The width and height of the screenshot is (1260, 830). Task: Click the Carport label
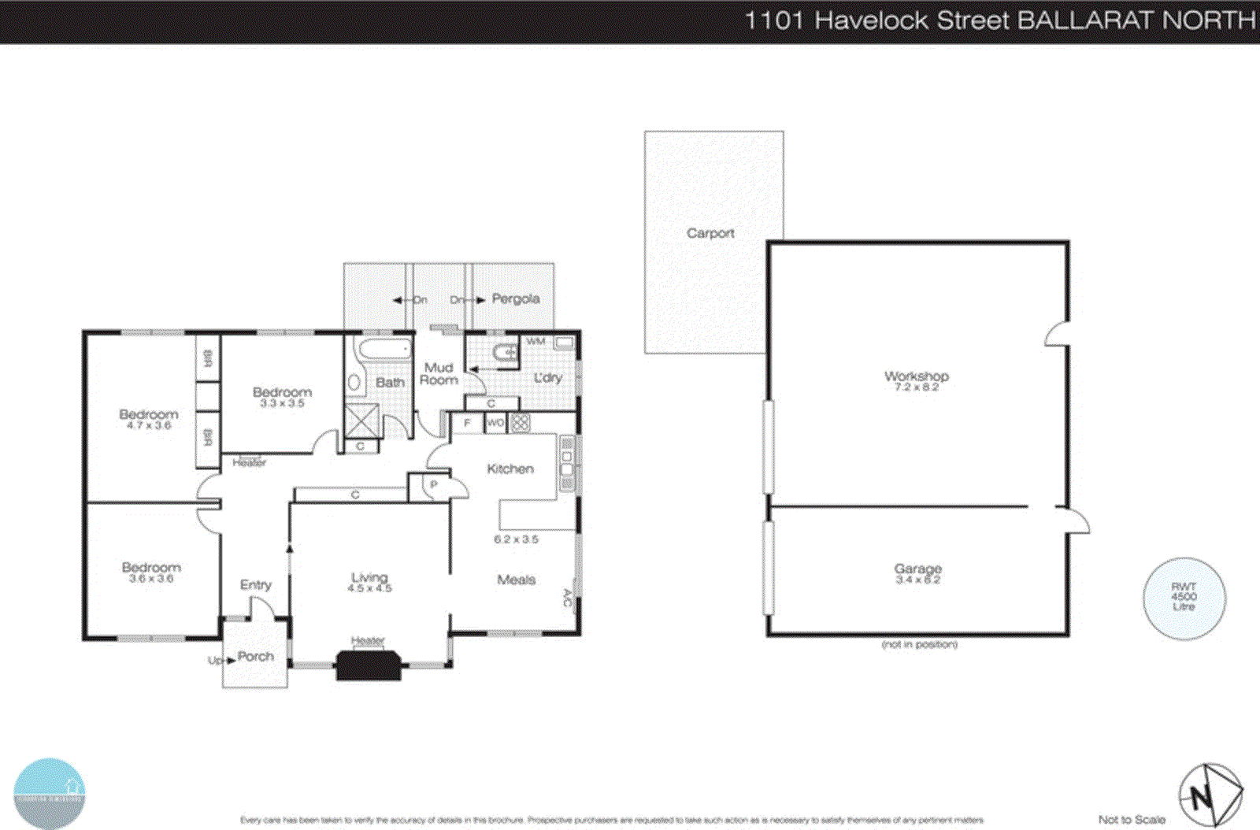[710, 233]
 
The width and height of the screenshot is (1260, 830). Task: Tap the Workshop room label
[916, 376]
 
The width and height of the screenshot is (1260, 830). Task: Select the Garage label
[917, 569]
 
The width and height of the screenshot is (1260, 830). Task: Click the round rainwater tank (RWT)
[1184, 598]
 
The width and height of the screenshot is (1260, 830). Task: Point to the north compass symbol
[1210, 795]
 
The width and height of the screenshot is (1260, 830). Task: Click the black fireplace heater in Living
[369, 665]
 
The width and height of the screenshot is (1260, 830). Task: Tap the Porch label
[256, 656]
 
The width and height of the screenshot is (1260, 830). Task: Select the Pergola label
[516, 298]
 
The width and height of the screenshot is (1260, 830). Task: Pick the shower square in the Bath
[362, 419]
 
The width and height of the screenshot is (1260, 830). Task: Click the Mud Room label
[439, 373]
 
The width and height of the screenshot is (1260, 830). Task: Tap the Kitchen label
[510, 469]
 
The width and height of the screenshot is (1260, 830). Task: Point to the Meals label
[516, 580]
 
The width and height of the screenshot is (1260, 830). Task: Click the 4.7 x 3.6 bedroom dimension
[149, 425]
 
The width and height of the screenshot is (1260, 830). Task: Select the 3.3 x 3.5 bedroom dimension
[282, 403]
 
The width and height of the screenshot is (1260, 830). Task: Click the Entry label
[255, 584]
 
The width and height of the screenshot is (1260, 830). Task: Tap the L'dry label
[548, 378]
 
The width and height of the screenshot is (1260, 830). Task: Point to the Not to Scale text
[1132, 820]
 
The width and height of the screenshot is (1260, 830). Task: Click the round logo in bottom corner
[49, 793]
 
